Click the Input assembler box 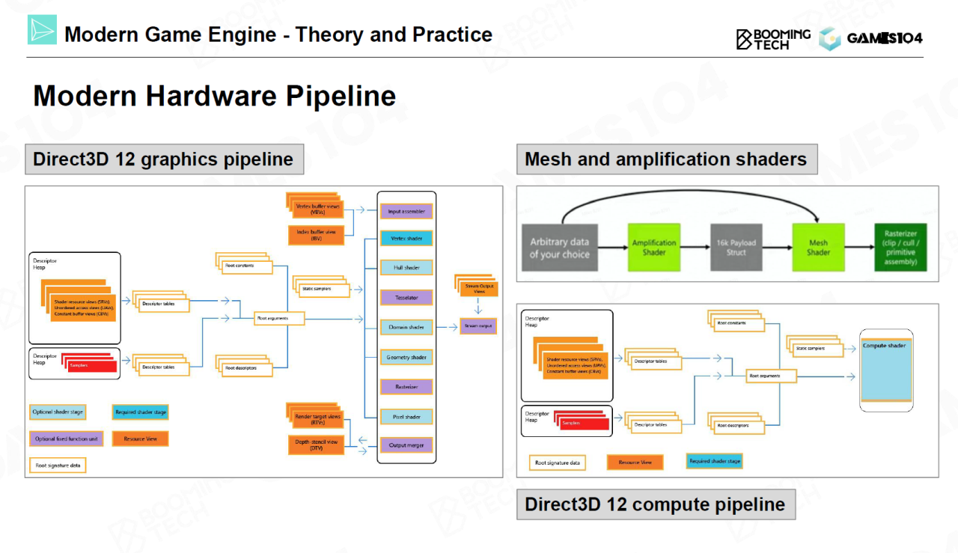406,212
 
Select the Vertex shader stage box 406,239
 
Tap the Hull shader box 406,268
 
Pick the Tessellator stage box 406,298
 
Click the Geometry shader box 406,357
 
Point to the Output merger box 406,445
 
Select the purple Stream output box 478,326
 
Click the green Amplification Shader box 654,248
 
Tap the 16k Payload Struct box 736,248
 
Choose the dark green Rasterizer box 900,248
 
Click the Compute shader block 886,370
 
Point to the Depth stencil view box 317,445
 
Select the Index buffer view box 316,236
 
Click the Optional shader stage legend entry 58,412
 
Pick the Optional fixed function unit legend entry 66,439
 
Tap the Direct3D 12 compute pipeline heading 655,504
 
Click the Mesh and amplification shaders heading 666,159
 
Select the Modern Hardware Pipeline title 215,97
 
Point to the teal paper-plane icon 42,29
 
